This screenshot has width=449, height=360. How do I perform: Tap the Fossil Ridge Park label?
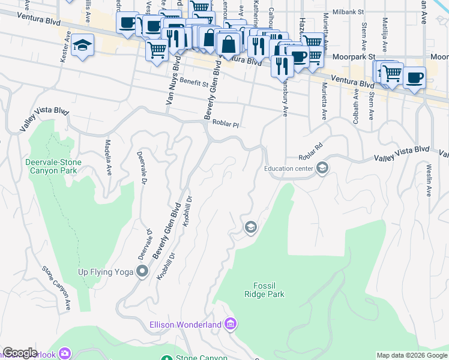pos(264,290)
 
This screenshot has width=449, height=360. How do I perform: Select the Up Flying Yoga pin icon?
pos(142,272)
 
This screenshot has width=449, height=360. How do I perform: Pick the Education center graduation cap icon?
pos(322,168)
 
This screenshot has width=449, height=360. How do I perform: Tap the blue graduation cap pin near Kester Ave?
pos(82,46)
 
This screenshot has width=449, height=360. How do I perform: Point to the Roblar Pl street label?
pos(225,122)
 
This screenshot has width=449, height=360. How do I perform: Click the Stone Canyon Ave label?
pos(57,288)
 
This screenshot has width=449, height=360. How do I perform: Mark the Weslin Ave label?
pos(429,180)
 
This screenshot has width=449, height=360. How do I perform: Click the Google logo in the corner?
pos(20,353)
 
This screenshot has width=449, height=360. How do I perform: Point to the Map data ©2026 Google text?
pos(412,355)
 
